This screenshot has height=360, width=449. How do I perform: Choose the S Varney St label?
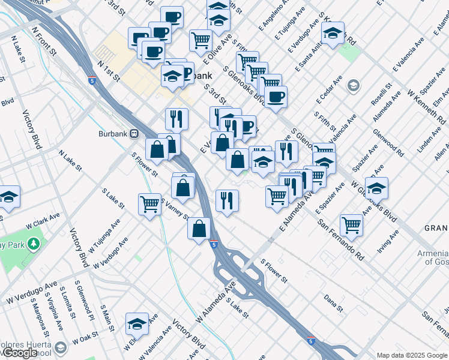(175, 209)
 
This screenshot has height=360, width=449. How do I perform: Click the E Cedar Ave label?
(331, 88)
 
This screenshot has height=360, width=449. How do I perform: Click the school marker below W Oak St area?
(137, 323)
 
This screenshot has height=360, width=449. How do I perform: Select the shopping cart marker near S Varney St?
(149, 203)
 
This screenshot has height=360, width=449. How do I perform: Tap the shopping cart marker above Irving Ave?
(351, 225)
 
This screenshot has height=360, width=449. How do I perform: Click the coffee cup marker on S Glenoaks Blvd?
(276, 97)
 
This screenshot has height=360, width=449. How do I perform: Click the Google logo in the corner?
(20, 353)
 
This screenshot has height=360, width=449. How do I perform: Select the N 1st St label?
(108, 70)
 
